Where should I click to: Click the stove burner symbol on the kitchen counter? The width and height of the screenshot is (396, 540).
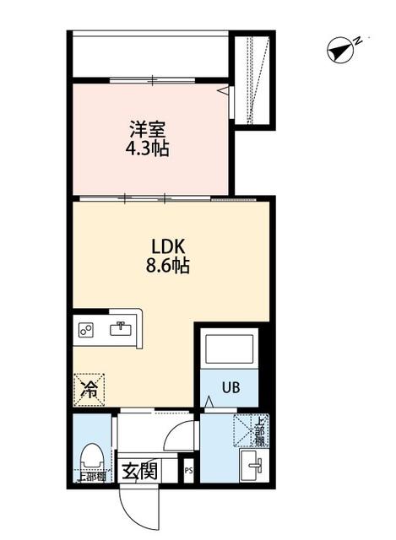(x=85, y=331)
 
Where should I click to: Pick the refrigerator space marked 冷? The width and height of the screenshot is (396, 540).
(x=88, y=389)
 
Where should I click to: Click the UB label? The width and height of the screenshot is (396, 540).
(x=231, y=388)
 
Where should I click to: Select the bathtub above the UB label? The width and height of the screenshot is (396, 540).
(x=231, y=351)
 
